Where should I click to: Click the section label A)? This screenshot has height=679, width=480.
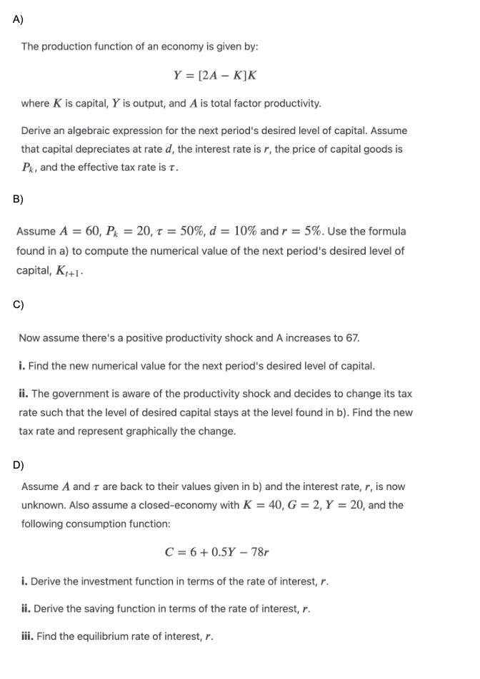tap(19, 19)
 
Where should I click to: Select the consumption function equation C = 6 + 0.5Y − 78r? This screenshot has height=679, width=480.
tap(216, 551)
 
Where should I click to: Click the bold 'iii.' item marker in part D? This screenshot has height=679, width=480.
tap(28, 636)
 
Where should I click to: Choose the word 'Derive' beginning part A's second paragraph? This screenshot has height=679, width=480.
tap(36, 131)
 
